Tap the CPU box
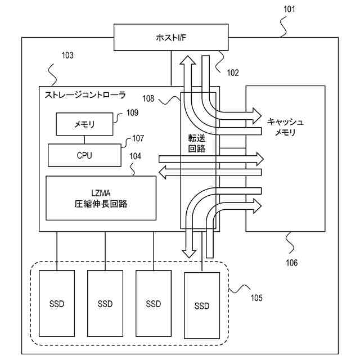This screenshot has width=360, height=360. pyautogui.click(x=84, y=155)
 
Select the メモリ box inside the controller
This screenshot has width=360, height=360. pyautogui.click(x=84, y=124)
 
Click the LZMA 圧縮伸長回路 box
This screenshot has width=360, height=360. pyautogui.click(x=101, y=198)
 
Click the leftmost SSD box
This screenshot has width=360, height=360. pyautogui.click(x=57, y=304)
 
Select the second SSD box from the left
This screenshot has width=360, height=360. pyautogui.click(x=105, y=304)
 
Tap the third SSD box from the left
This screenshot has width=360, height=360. pyautogui.click(x=154, y=304)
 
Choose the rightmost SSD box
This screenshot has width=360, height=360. pyautogui.click(x=201, y=305)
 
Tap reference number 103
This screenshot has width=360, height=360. pyautogui.click(x=67, y=56)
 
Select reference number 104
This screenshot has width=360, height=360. pyautogui.click(x=136, y=159)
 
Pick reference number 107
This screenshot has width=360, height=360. pyautogui.click(x=138, y=138)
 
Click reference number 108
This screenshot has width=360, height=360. pyautogui.click(x=148, y=99)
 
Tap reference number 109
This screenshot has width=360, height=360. pyautogui.click(x=132, y=112)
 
